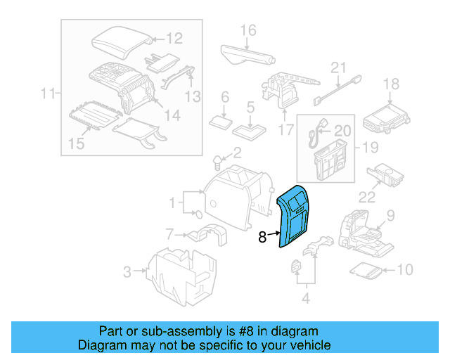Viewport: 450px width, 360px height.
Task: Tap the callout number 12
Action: [174, 39]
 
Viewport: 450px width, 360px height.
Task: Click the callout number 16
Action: [247, 30]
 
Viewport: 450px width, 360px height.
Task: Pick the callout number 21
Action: [340, 68]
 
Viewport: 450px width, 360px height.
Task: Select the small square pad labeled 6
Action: [223, 121]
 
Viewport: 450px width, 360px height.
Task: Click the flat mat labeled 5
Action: [250, 130]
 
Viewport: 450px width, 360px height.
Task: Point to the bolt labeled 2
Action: [218, 165]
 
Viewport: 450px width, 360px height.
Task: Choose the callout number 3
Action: [127, 271]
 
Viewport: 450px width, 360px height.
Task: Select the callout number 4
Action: [305, 298]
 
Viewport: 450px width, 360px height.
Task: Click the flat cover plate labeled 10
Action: [366, 269]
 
